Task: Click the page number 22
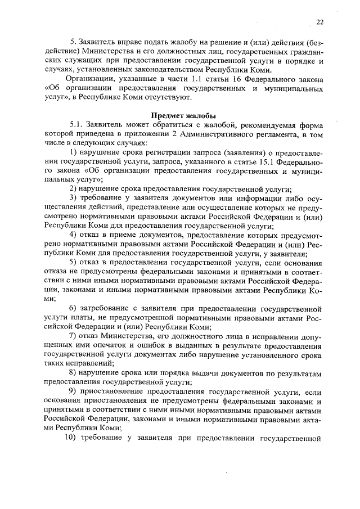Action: click(319, 22)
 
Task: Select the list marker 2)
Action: click(73, 188)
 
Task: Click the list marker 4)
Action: click(73, 234)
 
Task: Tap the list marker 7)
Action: click(73, 336)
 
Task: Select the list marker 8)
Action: click(73, 373)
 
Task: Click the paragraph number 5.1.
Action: click(75, 125)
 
